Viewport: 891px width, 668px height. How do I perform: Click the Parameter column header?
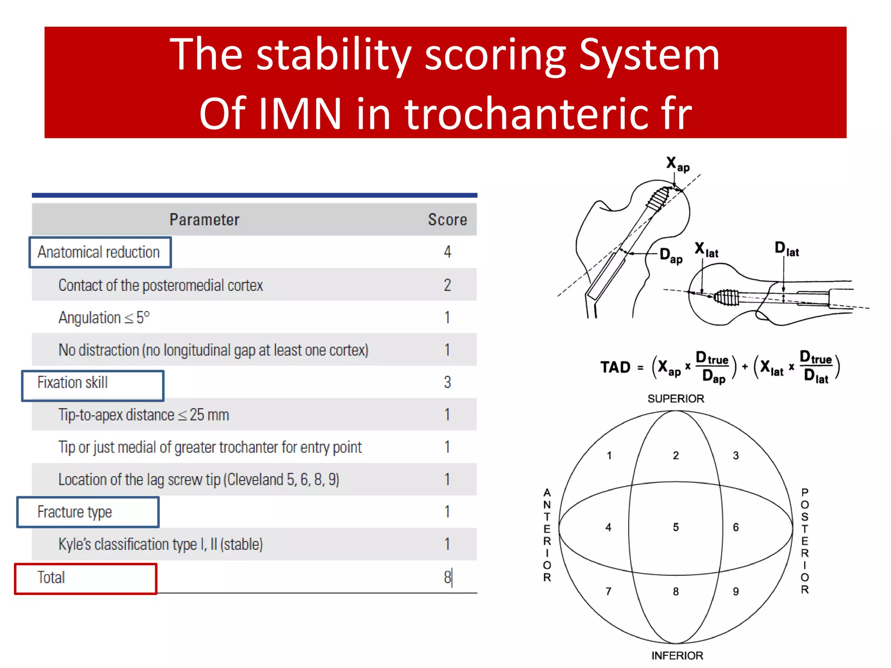204,220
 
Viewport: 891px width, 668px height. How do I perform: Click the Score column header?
447,220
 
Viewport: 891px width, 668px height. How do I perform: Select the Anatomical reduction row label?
99,252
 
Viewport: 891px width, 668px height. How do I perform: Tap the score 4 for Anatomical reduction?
447,252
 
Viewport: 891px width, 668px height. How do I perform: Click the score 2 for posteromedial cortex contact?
447,285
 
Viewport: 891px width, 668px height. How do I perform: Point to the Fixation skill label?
73,383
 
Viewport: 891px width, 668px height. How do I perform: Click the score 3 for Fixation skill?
447,382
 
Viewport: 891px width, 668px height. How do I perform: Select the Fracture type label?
75,512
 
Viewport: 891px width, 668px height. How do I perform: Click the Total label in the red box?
51,578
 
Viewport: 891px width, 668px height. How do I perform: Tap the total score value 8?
447,578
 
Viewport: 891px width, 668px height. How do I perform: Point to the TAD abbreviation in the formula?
615,367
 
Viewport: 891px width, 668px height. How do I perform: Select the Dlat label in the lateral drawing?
787,249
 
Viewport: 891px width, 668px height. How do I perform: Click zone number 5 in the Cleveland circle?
676,527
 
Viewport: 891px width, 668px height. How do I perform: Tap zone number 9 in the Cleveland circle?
736,591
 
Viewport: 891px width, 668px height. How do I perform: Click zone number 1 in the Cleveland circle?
609,455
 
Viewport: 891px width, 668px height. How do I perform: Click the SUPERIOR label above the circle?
676,398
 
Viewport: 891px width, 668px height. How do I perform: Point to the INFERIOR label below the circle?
677,655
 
